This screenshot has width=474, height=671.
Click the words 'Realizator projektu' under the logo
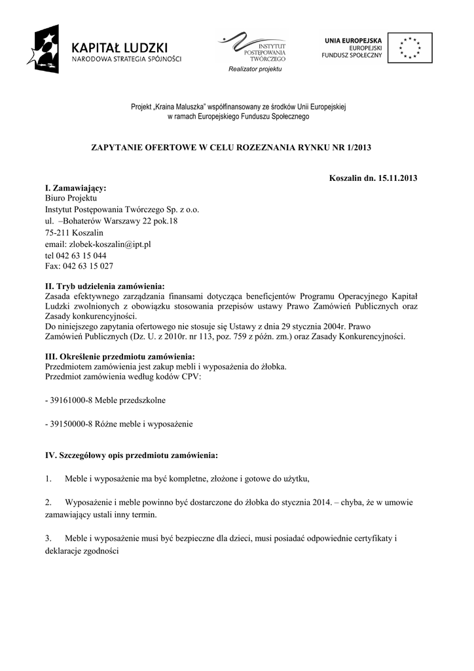pos(255,69)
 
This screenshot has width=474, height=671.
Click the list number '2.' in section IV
pos(49,503)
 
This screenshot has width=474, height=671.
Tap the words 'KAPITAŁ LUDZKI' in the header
pos(120,47)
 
